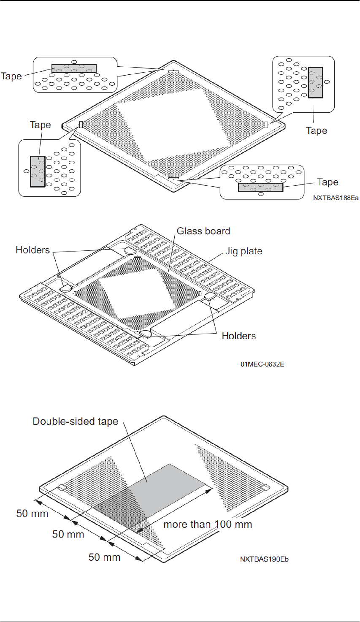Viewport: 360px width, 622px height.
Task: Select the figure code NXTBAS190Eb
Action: point(264,559)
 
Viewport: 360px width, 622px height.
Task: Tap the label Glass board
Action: point(203,231)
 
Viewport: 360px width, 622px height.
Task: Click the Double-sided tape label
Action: point(76,421)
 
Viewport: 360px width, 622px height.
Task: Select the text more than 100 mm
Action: point(208,524)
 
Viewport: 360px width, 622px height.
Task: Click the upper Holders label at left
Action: point(32,250)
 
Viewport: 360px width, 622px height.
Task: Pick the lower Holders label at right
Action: point(239,336)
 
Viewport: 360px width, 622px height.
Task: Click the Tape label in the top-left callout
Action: point(11,76)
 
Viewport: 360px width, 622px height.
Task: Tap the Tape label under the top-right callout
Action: point(317,130)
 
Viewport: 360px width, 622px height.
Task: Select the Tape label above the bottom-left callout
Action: point(40,125)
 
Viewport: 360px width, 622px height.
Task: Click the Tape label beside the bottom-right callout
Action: point(328,182)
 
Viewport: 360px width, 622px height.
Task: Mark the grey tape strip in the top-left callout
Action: point(74,68)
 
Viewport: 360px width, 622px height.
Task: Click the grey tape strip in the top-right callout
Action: point(315,82)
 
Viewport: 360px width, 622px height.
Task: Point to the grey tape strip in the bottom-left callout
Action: point(38,171)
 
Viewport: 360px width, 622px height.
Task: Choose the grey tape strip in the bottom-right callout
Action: point(260,187)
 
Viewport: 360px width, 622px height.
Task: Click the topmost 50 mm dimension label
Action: point(32,513)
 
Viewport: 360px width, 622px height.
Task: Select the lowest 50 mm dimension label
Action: point(104,557)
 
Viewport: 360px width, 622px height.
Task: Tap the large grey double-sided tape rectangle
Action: point(169,486)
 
